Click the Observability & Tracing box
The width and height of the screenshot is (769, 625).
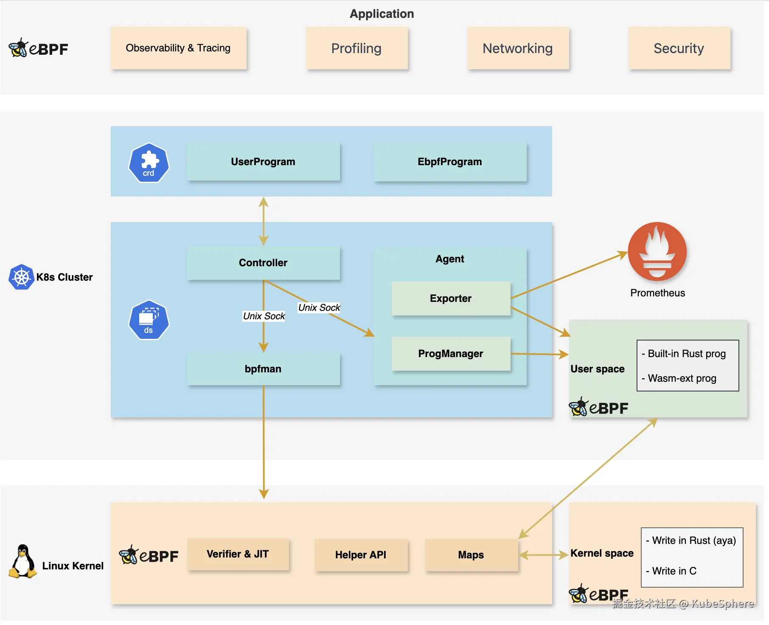click(179, 48)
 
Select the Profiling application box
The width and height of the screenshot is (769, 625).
click(357, 48)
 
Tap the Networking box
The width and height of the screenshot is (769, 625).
click(518, 48)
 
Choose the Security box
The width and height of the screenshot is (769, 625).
click(679, 48)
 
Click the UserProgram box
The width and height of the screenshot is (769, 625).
click(264, 162)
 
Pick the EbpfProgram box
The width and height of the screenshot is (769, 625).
click(450, 162)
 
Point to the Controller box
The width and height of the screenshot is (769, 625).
click(264, 263)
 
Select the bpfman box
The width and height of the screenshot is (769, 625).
click(264, 369)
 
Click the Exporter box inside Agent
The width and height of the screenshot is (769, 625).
click(451, 298)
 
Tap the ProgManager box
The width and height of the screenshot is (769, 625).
click(451, 354)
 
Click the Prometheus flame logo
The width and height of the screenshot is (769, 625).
click(657, 251)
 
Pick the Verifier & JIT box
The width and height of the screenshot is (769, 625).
click(238, 554)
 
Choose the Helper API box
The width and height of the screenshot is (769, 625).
click(361, 555)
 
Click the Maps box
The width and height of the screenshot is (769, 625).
click(472, 555)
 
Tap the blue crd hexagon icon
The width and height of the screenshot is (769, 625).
click(149, 163)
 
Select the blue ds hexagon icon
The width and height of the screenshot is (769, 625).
click(149, 320)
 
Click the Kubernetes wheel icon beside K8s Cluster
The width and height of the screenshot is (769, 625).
click(21, 277)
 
